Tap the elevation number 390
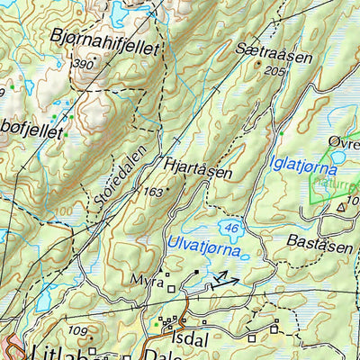pyautogui.click(x=84, y=65)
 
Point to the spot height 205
pyautogui.click(x=275, y=71)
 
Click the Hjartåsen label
pyautogui.click(x=199, y=170)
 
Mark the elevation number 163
pyautogui.click(x=154, y=192)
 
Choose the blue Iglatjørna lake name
pyautogui.click(x=303, y=167)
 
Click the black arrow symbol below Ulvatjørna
pyautogui.click(x=226, y=283)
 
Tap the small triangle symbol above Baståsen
pyautogui.click(x=341, y=206)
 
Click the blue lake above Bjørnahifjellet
pyautogui.click(x=121, y=12)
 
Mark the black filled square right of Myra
pyautogui.click(x=196, y=271)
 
